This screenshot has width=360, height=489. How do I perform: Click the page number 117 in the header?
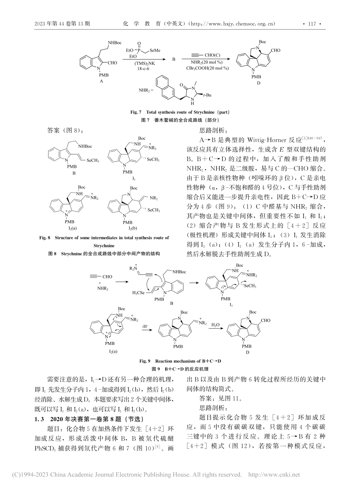[x=312, y=24]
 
